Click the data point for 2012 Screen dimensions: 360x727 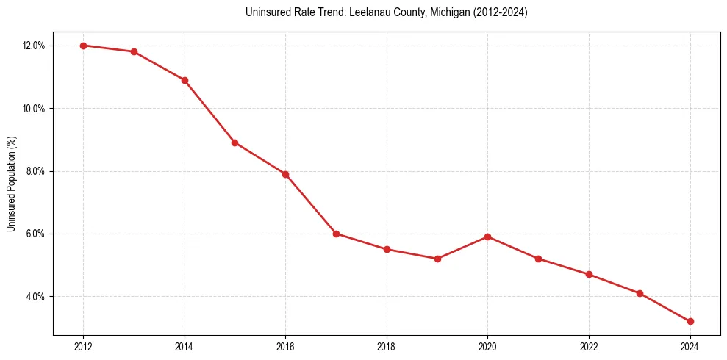pos(83,46)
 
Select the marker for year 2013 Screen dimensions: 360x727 pos(134,51)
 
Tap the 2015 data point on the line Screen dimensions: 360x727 pos(234,143)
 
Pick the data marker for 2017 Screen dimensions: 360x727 pos(336,234)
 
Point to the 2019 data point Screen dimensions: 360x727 pos(437,259)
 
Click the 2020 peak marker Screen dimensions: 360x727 pos(487,237)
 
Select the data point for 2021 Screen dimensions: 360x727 pos(538,259)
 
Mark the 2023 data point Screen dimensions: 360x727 pos(640,293)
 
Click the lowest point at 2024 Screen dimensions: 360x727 pos(690,321)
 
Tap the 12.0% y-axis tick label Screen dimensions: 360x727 pos(34,46)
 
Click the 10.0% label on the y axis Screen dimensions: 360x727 pos(34,109)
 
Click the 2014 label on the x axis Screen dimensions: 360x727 pos(185,347)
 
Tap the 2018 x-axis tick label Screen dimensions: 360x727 pos(387,347)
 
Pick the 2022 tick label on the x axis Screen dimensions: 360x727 pos(589,347)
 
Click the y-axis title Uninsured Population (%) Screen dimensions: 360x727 pos(11,184)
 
